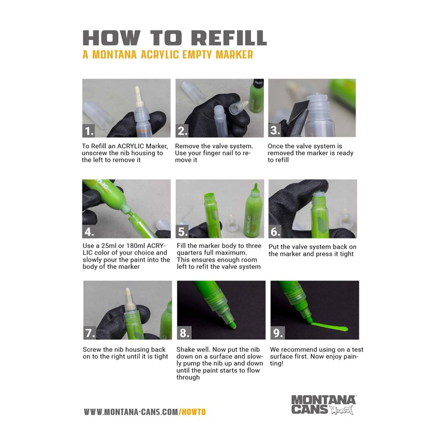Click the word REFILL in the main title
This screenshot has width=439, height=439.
click(x=229, y=38)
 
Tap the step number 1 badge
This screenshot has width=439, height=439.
click(x=89, y=131)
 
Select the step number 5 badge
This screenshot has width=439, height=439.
click(x=182, y=232)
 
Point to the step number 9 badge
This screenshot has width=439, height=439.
click(x=277, y=333)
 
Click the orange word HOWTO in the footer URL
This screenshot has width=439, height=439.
click(x=193, y=412)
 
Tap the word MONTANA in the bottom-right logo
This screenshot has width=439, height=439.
click(x=323, y=399)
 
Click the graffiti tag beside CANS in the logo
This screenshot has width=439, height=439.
click(x=341, y=410)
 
